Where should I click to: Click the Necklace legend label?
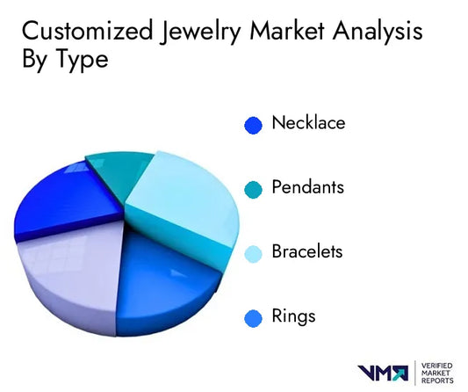click(x=308, y=123)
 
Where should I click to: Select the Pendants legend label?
click(x=308, y=187)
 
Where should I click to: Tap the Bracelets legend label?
click(x=307, y=251)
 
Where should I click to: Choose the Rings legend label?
click(x=293, y=316)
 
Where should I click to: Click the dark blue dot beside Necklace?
click(x=254, y=125)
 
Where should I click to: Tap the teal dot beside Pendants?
click(x=254, y=189)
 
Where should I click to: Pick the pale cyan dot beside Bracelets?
click(x=254, y=253)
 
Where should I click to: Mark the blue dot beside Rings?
click(x=254, y=317)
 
